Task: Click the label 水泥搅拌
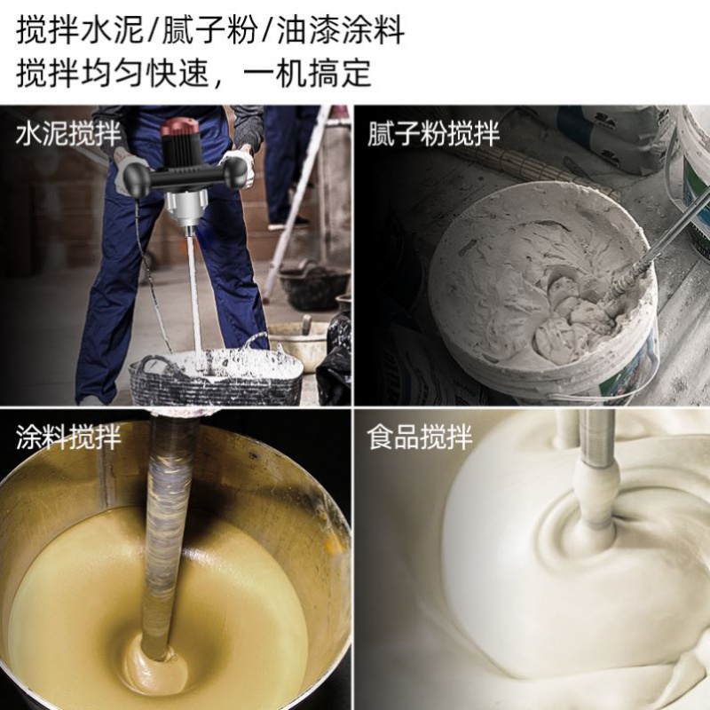click(x=68, y=135)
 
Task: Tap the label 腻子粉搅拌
click(x=434, y=134)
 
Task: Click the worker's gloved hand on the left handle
click(x=130, y=164)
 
